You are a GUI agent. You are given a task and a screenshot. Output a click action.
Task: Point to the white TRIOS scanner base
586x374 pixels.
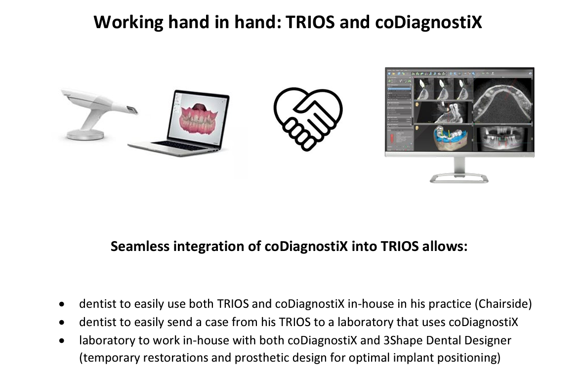click(x=85, y=134)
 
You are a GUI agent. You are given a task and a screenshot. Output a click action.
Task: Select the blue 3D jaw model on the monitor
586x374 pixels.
click(x=450, y=139)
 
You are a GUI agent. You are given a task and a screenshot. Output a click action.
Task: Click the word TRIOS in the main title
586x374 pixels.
click(x=310, y=22)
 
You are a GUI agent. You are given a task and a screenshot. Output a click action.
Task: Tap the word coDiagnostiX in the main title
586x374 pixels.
click(x=429, y=22)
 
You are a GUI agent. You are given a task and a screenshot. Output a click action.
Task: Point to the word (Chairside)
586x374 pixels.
click(x=503, y=304)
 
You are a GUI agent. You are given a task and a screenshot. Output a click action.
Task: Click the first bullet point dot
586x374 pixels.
click(x=62, y=304)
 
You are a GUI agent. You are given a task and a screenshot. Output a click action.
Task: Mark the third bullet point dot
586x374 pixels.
click(x=62, y=341)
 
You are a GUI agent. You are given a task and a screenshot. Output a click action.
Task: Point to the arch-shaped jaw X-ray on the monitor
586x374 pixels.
click(x=502, y=101)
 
